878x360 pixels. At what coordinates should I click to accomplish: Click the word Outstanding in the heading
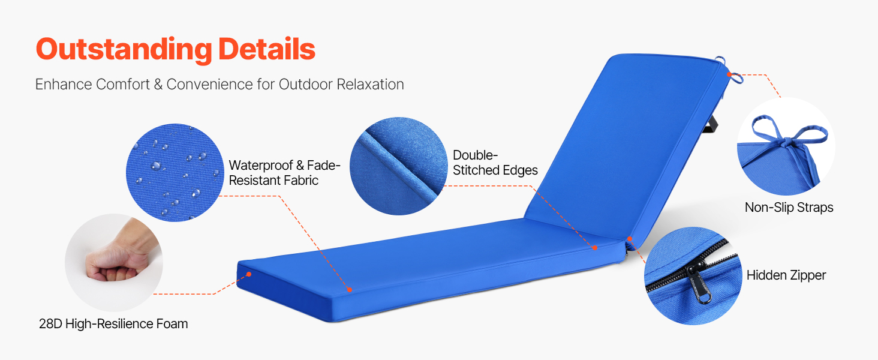pyautogui.click(x=124, y=50)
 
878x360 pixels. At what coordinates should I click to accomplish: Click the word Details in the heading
pyautogui.click(x=266, y=49)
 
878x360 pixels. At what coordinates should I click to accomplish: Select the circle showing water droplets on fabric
pyautogui.click(x=175, y=173)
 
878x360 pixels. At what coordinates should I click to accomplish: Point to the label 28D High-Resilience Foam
pyautogui.click(x=113, y=324)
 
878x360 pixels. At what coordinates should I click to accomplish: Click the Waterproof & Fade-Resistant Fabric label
pyautogui.click(x=284, y=173)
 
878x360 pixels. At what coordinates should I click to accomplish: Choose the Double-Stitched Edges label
pyautogui.click(x=495, y=163)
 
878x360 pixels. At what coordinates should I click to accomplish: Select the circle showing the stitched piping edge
pyautogui.click(x=399, y=166)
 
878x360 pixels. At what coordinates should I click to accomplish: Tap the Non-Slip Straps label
pyautogui.click(x=789, y=208)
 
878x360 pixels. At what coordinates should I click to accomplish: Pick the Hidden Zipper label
pyautogui.click(x=786, y=275)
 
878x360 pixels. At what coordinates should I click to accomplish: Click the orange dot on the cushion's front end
pyautogui.click(x=249, y=274)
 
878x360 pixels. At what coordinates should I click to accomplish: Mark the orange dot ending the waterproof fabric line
pyautogui.click(x=349, y=290)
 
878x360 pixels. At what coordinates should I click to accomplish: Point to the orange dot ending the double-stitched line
pyautogui.click(x=594, y=247)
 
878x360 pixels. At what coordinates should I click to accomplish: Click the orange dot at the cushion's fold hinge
pyautogui.click(x=630, y=238)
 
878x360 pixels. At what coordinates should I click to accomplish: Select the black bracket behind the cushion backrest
pyautogui.click(x=710, y=125)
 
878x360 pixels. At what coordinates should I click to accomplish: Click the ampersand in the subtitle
pyautogui.click(x=158, y=85)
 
